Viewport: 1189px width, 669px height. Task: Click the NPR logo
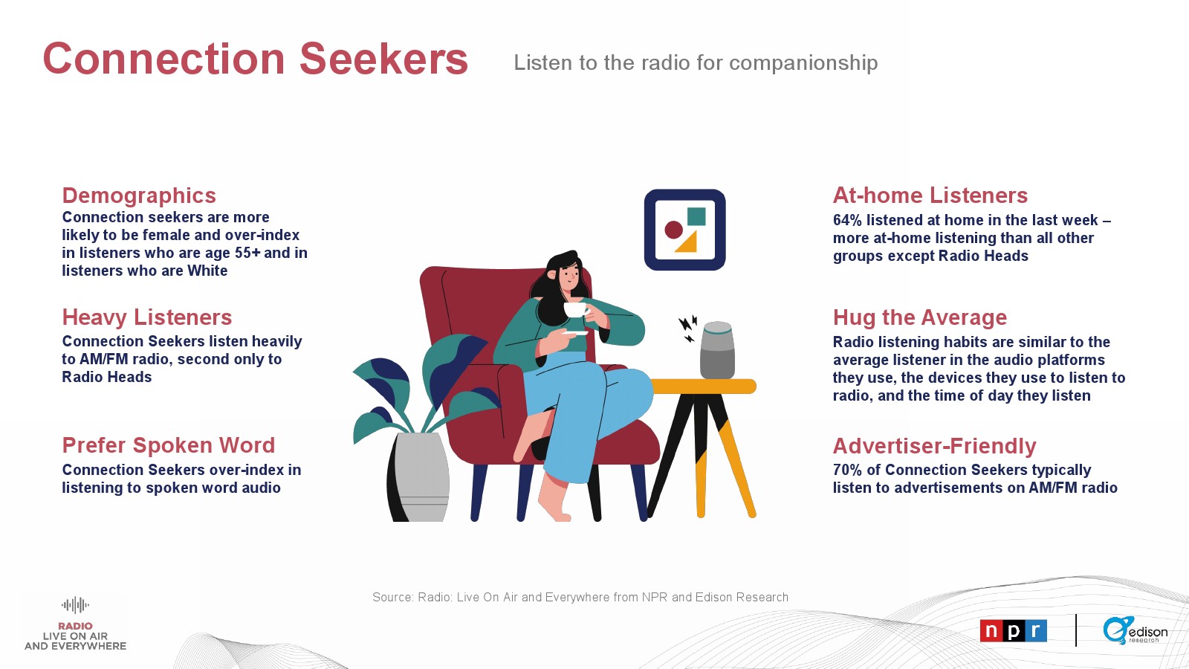pyautogui.click(x=1013, y=631)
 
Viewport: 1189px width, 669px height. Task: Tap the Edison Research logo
pyautogui.click(x=1135, y=630)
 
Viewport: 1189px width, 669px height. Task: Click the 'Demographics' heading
pyautogui.click(x=139, y=196)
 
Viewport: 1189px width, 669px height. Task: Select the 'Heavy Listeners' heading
pyautogui.click(x=147, y=317)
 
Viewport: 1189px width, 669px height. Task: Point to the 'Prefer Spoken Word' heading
pyautogui.click(x=169, y=445)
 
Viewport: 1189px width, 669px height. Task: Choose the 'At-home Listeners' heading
pyautogui.click(x=930, y=195)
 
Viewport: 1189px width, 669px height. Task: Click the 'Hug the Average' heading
pyautogui.click(x=920, y=317)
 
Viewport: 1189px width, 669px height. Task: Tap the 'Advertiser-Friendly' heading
pyautogui.click(x=934, y=446)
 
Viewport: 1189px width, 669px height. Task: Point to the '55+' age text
pyautogui.click(x=248, y=253)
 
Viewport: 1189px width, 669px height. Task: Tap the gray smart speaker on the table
pyautogui.click(x=717, y=350)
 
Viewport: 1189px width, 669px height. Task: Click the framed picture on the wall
pyautogui.click(x=684, y=230)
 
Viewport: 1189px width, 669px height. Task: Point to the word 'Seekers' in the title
pyautogui.click(x=383, y=59)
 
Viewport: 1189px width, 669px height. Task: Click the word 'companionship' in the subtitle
pyautogui.click(x=803, y=63)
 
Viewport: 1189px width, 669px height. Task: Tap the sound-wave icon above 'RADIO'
pyautogui.click(x=75, y=605)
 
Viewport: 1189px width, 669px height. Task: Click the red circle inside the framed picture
pyautogui.click(x=673, y=230)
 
